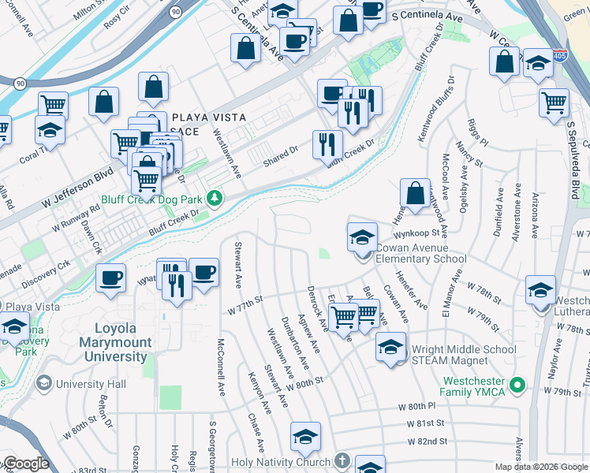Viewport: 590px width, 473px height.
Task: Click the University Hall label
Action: coord(91,385)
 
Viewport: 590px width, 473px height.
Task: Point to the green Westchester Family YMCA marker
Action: coord(517,385)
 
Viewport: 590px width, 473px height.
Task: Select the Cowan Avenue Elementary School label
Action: coord(420,252)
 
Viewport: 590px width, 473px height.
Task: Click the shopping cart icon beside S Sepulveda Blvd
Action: coord(555,102)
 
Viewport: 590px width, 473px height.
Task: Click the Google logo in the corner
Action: coord(25,464)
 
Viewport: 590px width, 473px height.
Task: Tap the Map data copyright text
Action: coord(541,467)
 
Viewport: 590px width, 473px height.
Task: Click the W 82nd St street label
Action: coord(427,441)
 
